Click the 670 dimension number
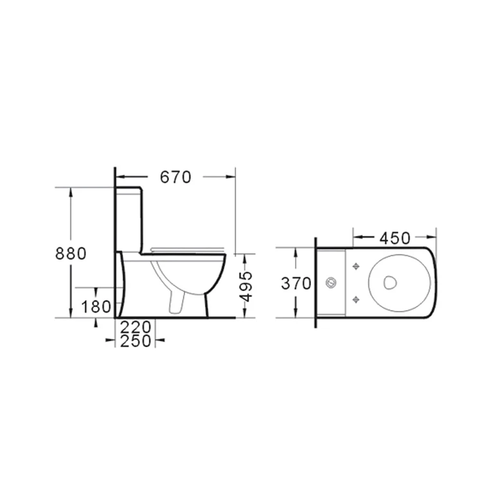(x=175, y=177)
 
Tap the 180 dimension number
(x=96, y=307)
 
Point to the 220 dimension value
(x=136, y=327)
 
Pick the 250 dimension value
(x=136, y=341)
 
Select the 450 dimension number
(x=394, y=238)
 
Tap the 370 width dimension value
(x=296, y=283)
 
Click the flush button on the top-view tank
(x=332, y=282)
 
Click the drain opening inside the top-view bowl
(x=389, y=281)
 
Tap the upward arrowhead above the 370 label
(x=295, y=252)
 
